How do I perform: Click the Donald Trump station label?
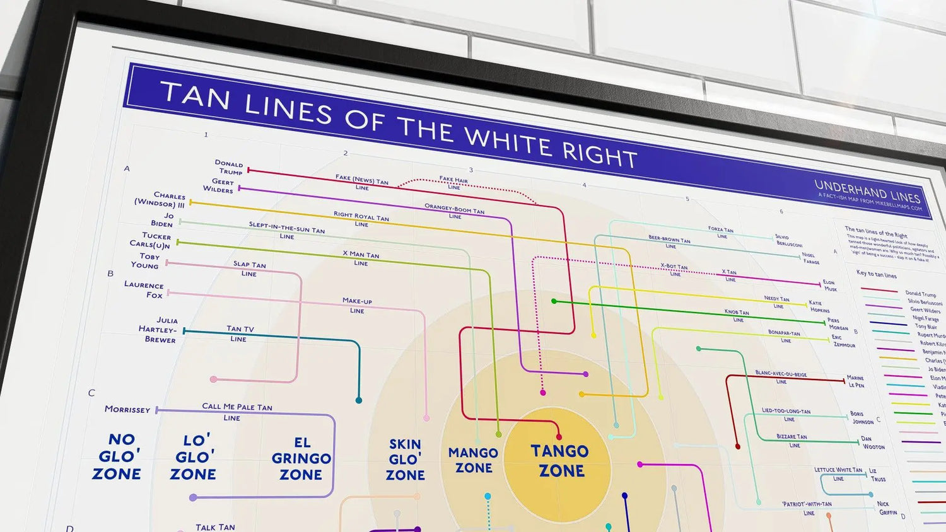[228, 167]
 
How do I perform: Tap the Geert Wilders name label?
[218, 185]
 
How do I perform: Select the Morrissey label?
[127, 409]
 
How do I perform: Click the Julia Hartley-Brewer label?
[158, 330]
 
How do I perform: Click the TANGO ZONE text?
[560, 461]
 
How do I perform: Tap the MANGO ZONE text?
[474, 460]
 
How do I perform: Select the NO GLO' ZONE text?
[117, 456]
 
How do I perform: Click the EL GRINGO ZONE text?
[301, 458]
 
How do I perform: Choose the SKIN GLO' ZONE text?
[405, 460]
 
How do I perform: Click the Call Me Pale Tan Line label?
[236, 412]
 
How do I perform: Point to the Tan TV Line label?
[240, 333]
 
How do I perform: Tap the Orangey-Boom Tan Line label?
[455, 211]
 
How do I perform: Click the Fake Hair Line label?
[454, 183]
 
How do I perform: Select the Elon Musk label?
[830, 286]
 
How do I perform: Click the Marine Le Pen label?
[856, 381]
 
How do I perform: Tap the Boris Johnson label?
[861, 418]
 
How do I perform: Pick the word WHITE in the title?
[509, 141]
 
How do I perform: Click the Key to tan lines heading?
[876, 274]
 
